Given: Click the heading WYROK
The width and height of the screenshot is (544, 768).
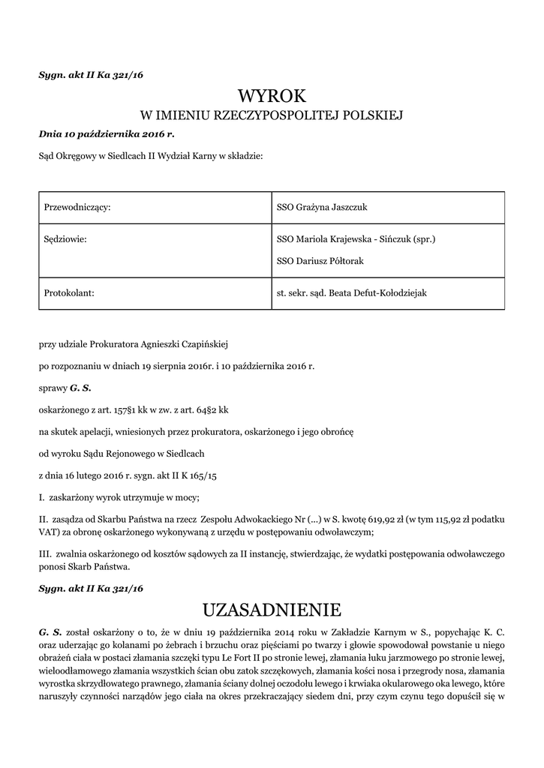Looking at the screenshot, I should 272,96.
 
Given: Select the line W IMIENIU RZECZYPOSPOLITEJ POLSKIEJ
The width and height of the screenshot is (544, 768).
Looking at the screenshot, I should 272,115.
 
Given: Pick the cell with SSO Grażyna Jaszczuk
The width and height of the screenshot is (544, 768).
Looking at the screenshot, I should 322,206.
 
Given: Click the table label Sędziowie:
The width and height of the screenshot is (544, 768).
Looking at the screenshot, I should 66,240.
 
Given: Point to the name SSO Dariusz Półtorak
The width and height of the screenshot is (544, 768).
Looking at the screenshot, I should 320,261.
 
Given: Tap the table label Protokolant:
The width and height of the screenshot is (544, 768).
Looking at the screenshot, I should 70,293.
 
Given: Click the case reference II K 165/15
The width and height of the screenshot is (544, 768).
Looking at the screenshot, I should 182,475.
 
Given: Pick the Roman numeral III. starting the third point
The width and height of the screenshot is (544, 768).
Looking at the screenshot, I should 44,553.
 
